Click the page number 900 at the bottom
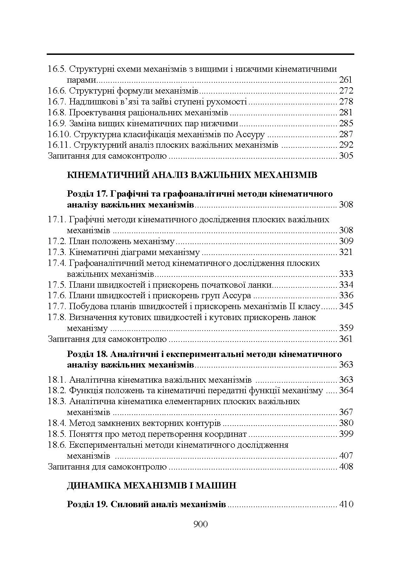coord(200,524)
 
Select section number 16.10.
coord(59,134)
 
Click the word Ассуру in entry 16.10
coord(250,134)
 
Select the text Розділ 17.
coord(86,194)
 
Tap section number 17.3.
coord(57,252)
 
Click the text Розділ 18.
coord(86,354)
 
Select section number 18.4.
coord(57,423)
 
